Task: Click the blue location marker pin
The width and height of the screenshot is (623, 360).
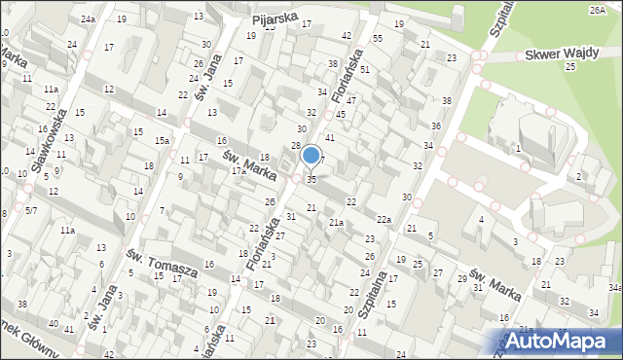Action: tap(311, 155)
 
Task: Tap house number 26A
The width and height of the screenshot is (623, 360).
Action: tap(597, 9)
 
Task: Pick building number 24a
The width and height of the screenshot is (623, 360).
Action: tap(89, 19)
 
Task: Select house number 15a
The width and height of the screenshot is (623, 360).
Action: tap(163, 142)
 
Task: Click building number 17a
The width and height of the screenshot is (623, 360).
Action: tap(238, 171)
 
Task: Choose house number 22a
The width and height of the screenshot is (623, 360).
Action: tap(385, 220)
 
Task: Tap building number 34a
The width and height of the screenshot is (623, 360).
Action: tap(614, 288)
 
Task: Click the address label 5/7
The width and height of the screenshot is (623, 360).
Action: tap(32, 210)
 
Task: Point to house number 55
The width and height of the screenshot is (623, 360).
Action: tap(377, 38)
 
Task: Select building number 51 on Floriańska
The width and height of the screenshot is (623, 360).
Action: tap(364, 70)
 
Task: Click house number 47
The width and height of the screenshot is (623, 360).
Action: tap(351, 100)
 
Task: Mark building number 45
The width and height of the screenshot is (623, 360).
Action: tap(341, 114)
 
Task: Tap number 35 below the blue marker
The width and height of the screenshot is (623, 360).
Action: tap(311, 180)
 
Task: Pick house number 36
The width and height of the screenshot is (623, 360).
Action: tap(436, 126)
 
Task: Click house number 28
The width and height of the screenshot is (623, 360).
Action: tap(296, 146)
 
